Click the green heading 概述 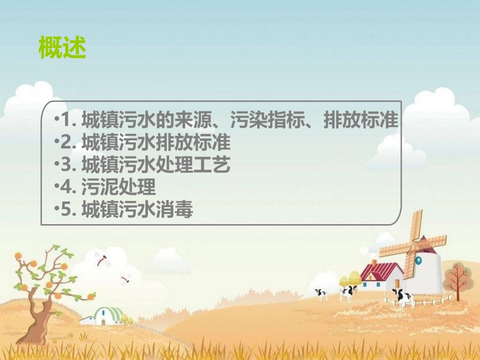63,48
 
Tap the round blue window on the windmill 418,260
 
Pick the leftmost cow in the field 321,293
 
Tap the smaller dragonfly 125,278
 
